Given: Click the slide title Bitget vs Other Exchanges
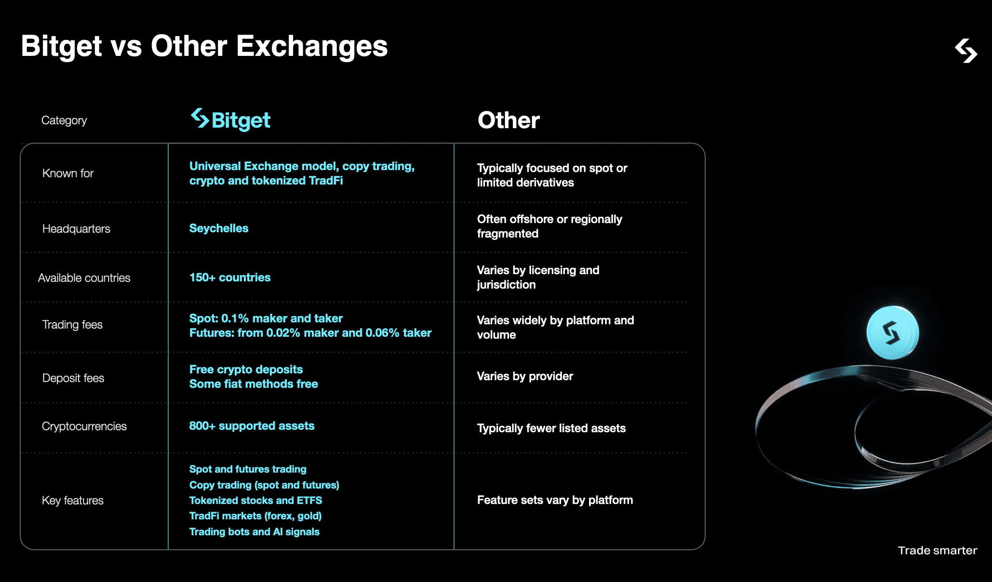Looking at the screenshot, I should click(204, 46).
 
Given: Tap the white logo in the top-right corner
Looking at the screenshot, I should click(965, 51).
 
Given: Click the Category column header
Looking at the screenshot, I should click(64, 120).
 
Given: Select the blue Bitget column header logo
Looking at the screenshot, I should click(231, 119).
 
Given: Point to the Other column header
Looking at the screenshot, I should click(509, 120).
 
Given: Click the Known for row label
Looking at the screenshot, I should click(68, 173).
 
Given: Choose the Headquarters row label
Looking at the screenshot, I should click(76, 229).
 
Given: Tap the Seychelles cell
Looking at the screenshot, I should click(219, 228).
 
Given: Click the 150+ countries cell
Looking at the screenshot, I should click(230, 278).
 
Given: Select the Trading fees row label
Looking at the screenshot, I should click(72, 325).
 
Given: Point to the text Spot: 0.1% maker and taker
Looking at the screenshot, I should click(266, 318).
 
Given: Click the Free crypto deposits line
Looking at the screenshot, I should click(246, 370).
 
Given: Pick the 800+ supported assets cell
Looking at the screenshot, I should click(252, 426).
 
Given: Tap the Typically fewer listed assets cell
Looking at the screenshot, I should click(551, 428).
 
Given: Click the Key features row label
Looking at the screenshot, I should click(73, 501).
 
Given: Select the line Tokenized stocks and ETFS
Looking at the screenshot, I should click(255, 501).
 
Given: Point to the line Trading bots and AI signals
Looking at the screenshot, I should click(255, 532).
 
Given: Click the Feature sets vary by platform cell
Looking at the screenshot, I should click(555, 500).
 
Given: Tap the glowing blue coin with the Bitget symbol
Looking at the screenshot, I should click(892, 333).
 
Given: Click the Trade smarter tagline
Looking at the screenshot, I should click(937, 551).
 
